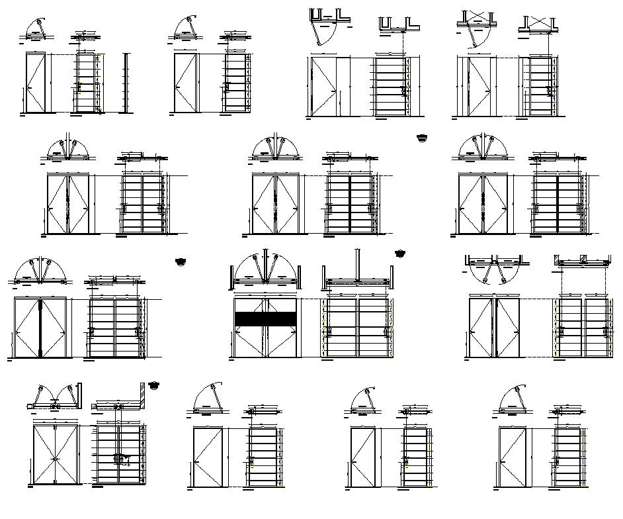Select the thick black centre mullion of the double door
[40, 328]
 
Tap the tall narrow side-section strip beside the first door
[125, 82]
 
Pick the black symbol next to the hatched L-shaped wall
[155, 384]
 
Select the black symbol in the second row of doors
[422, 138]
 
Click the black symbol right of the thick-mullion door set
[181, 262]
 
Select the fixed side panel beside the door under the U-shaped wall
[344, 86]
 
